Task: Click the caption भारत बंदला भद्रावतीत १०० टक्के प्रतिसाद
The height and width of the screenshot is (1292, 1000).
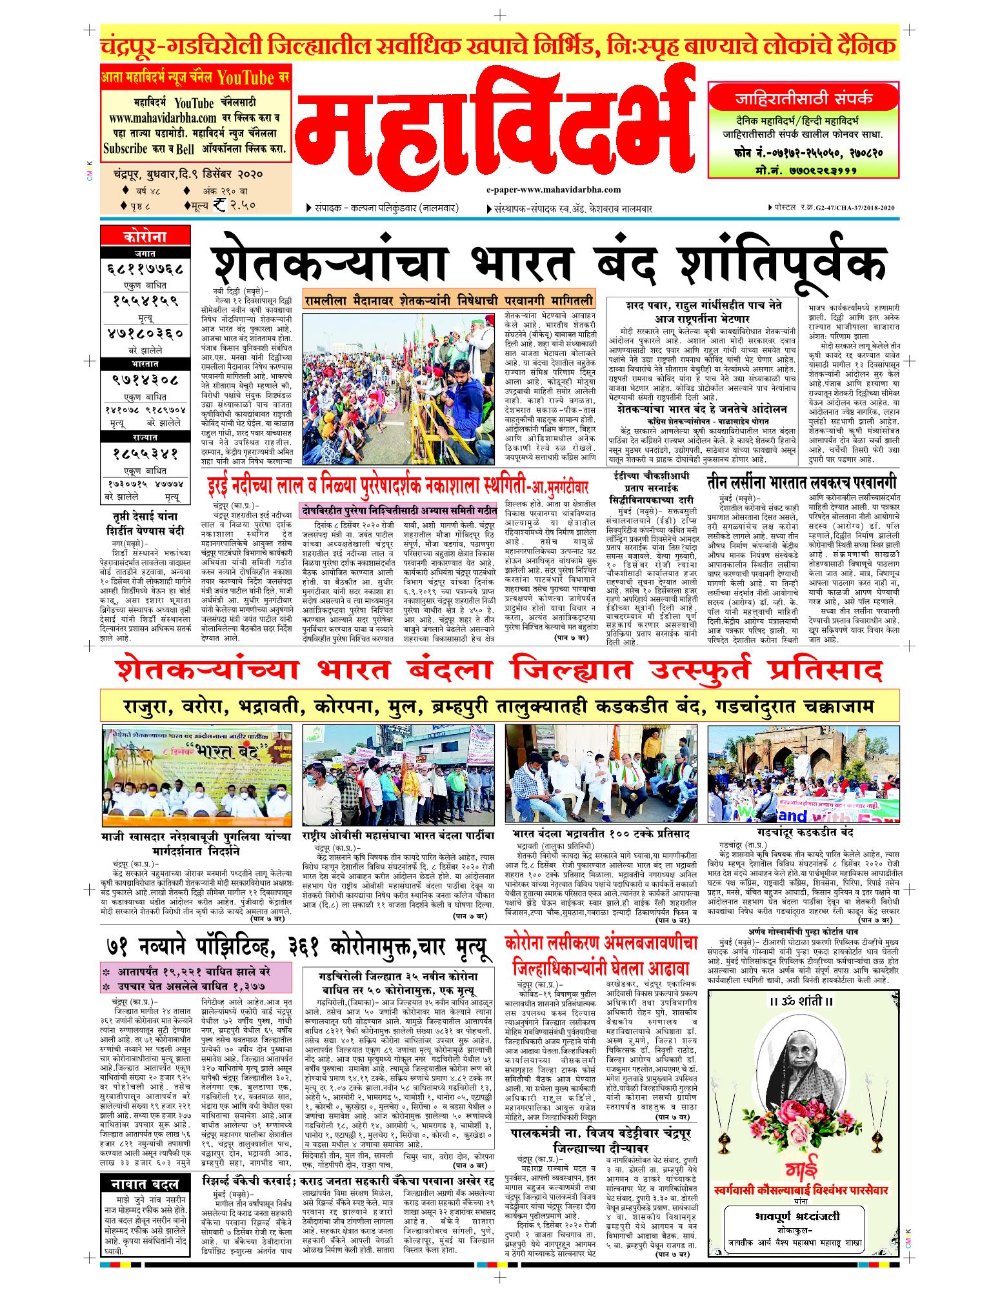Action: click(x=597, y=834)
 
